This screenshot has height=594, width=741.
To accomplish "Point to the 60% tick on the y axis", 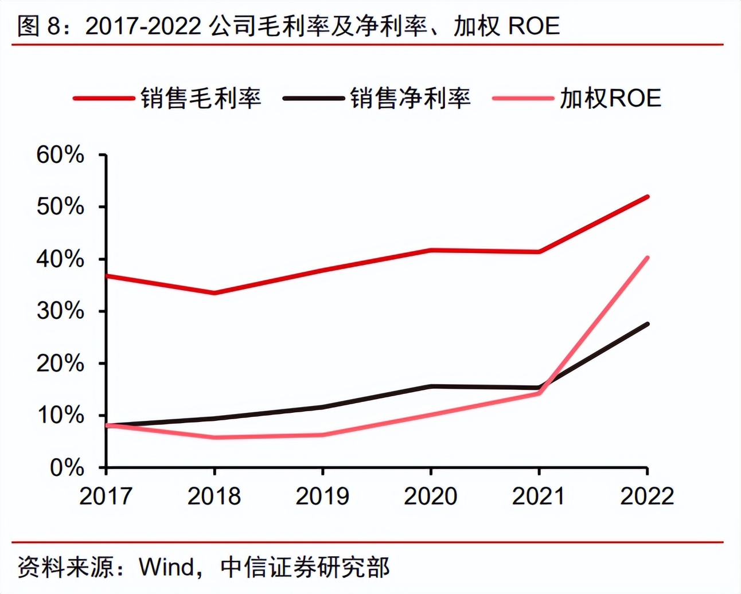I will point(60,155).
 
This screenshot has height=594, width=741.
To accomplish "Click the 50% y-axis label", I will point(60,207).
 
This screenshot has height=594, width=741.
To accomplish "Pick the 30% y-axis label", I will point(60,311).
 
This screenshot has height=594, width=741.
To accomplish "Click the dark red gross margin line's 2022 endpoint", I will point(648,197).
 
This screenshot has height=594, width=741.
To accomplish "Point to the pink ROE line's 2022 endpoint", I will point(648,257).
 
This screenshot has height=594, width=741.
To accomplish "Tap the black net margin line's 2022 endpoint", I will point(648,324).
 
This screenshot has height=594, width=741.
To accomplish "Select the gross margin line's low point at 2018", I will point(214,293).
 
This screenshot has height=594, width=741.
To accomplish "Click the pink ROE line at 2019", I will point(322,435).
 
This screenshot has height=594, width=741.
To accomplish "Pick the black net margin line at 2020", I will point(431,386).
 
